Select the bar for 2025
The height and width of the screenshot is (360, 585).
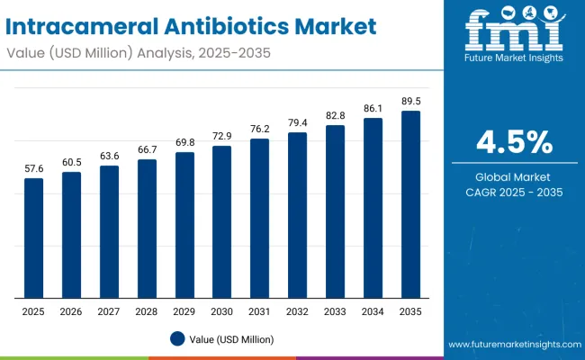coord(33,238)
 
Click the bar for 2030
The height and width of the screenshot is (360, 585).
coord(221,221)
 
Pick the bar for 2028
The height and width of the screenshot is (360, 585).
coord(147,229)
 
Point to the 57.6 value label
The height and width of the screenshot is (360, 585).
coord(33,168)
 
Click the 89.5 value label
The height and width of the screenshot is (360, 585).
coord(410,101)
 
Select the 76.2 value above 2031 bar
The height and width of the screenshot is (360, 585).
coord(259,129)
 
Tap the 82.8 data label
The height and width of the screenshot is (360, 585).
coord(335,115)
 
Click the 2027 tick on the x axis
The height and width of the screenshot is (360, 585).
coord(109,310)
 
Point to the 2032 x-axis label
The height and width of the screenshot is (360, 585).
coord(297,310)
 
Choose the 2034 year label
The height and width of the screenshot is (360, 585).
coord(373,310)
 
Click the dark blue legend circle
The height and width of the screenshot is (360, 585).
coord(176,338)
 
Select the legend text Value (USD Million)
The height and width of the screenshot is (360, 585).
coord(231,339)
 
